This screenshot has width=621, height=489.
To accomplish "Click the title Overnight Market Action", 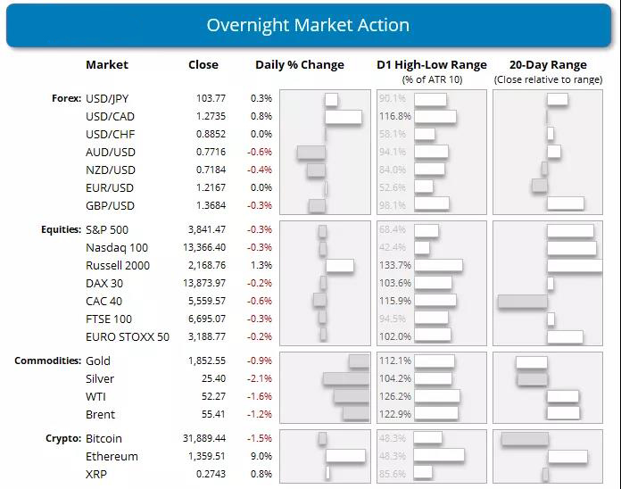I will [308, 25].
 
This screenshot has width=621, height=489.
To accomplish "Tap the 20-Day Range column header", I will [548, 65].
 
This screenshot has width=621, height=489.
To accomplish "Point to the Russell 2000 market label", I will [118, 265].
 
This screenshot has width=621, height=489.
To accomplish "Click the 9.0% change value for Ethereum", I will [261, 456].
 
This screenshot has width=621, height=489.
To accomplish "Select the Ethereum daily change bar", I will [345, 456].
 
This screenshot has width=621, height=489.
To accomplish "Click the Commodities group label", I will [48, 361].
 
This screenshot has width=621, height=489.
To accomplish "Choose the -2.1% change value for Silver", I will [261, 378].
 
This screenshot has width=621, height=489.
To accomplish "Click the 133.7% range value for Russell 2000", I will [395, 265].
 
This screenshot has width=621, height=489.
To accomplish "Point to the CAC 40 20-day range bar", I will [522, 301].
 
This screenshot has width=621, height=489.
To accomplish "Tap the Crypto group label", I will [62, 439].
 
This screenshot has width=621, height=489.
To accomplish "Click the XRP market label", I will [96, 474].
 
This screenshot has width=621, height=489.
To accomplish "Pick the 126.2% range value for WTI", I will [395, 396].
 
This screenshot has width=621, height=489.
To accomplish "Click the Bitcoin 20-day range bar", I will [525, 438].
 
